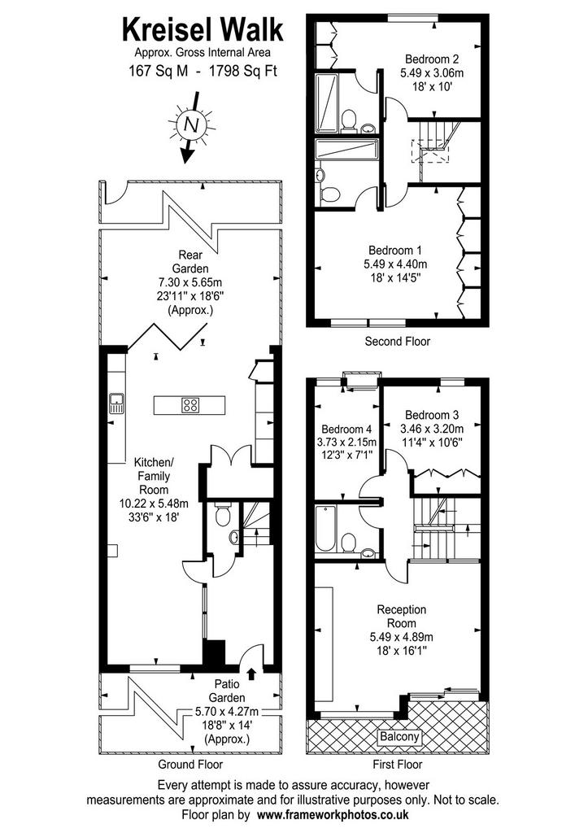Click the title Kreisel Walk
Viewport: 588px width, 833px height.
203,30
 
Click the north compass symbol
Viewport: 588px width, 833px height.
190,126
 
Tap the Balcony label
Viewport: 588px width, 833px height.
399,737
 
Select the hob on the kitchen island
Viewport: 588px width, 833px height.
190,405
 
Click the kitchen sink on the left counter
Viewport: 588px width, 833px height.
116,403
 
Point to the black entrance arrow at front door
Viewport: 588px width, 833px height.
251,674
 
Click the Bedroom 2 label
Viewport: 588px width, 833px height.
431,59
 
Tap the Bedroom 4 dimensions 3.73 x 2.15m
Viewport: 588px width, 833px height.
346,442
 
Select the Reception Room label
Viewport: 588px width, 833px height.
401,617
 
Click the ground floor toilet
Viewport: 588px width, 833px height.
223,515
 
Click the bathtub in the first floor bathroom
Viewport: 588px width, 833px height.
325,529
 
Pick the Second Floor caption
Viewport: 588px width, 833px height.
398,341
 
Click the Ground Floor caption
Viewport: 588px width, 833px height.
190,765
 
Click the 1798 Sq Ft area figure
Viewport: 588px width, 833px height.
243,71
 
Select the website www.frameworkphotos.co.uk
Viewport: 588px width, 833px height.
333,813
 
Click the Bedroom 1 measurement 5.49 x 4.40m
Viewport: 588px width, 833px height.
395,264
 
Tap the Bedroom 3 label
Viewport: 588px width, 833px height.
431,415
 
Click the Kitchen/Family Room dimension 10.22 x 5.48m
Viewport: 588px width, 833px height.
154,502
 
